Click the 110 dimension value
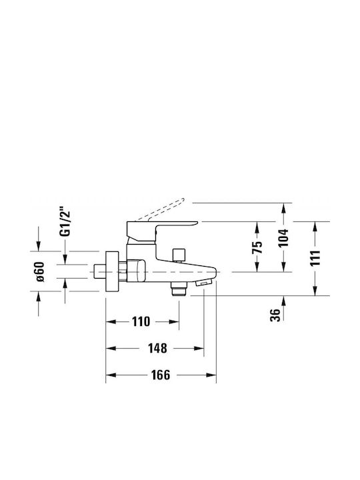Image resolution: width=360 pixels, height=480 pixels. tap(141, 322)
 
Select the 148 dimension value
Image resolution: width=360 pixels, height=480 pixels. tap(157, 349)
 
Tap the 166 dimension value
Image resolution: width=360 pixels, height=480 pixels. tap(161, 375)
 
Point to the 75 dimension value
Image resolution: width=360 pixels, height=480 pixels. tap(257, 247)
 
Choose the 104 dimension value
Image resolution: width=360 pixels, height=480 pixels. tap(284, 238)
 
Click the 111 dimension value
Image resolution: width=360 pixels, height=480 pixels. tap(315, 259)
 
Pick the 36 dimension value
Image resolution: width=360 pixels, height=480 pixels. tap(275, 315)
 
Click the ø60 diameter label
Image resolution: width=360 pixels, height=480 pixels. tap(40, 271)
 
